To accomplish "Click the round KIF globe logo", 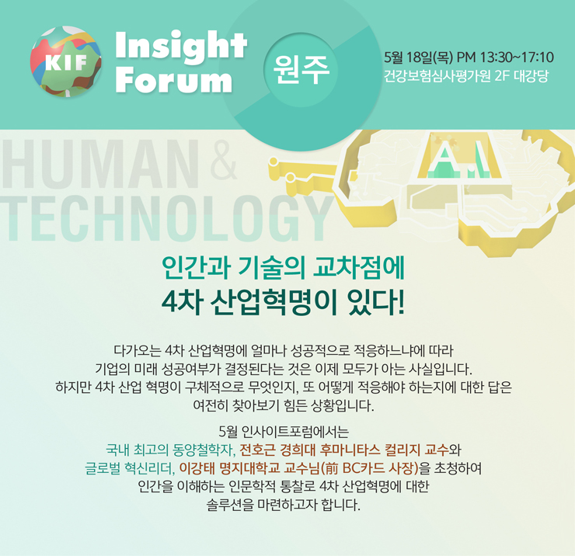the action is [x=66, y=61].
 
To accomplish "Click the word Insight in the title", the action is [x=181, y=46].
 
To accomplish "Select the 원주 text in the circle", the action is [x=301, y=70].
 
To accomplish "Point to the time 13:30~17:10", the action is [x=517, y=57].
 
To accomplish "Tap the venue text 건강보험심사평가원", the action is [x=437, y=77].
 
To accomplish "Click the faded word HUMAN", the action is [x=99, y=165].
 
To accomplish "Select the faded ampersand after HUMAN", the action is [x=224, y=162].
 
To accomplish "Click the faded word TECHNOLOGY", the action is [x=163, y=218].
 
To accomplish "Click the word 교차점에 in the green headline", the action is [x=359, y=269].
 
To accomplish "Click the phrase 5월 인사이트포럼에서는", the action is [x=284, y=432].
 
